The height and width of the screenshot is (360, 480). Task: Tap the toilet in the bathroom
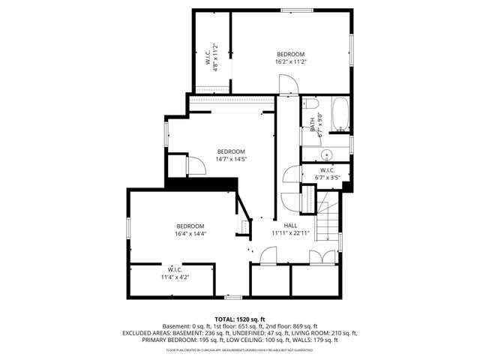pos(311,104)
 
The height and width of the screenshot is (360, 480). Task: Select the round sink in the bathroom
pos(326,154)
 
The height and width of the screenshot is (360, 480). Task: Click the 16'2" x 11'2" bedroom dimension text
pos(290,62)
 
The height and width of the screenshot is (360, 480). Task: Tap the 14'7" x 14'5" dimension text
pos(231,159)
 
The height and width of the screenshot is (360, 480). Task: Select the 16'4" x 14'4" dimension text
pos(190,234)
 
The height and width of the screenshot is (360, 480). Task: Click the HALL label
pos(289,225)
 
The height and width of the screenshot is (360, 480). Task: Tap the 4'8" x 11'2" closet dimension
pos(215,56)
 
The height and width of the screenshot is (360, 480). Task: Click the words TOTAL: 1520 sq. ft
pos(239,319)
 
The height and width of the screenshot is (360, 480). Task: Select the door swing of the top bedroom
pos(289,85)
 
